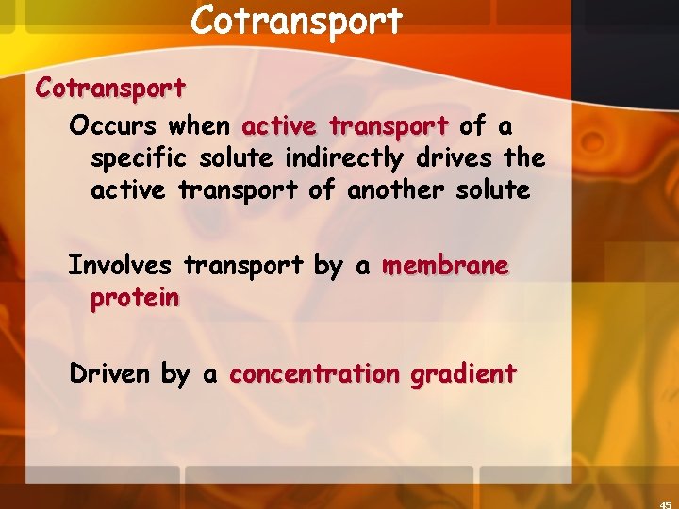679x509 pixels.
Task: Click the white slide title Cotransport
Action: coord(296,20)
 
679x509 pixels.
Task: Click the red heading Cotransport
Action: coord(110,89)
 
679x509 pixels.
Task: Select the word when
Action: coord(200,125)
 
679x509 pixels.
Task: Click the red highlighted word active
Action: coord(280,125)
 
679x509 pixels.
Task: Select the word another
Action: coord(395,189)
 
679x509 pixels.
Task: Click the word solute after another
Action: coord(491,189)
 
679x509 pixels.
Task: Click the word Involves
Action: coord(120,266)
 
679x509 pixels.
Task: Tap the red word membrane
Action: coord(445,266)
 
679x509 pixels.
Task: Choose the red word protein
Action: coord(135,299)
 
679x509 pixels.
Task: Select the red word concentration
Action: coord(315,374)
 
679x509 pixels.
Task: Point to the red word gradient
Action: coord(463,375)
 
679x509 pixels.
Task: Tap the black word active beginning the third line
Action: coord(128,189)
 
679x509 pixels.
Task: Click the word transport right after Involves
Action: coord(244,267)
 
